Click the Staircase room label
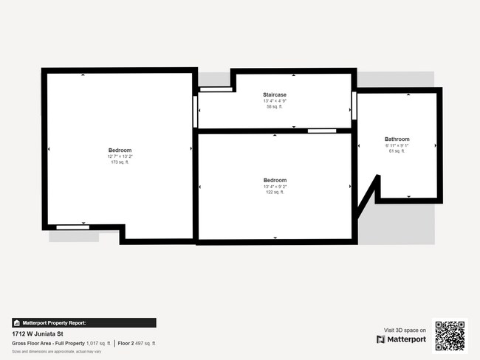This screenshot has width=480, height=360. (275, 95)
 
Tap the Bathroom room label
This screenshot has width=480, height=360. (397, 139)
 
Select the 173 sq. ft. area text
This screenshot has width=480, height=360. (120, 162)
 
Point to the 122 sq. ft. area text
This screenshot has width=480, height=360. (275, 192)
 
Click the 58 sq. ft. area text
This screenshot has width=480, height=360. (275, 107)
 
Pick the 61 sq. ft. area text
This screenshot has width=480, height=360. (397, 151)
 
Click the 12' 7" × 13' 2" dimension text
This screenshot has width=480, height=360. (120, 156)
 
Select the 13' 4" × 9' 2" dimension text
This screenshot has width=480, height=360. (275, 187)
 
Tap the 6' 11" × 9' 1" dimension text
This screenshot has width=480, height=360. (397, 145)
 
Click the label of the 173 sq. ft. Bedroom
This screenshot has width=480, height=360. (120, 150)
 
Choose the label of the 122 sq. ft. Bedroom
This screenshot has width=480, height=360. (275, 180)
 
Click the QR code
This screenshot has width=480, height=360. (450, 336)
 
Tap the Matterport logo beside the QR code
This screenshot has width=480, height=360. (401, 339)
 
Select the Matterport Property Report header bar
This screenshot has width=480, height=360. (83, 322)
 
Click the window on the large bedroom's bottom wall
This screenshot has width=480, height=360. (73, 226)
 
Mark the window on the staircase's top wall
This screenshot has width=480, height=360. (214, 89)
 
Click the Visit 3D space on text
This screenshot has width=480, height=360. (405, 330)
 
